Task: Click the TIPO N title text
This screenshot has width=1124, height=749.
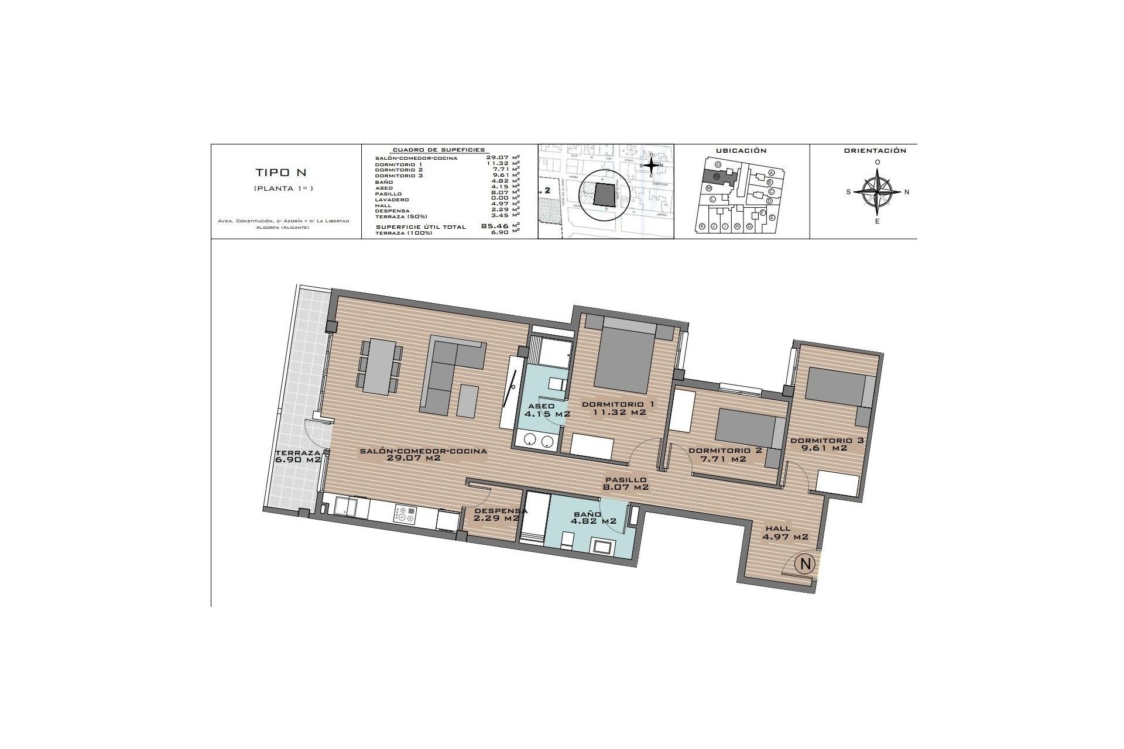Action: (x=281, y=173)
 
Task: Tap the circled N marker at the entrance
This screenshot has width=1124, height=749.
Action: (x=806, y=564)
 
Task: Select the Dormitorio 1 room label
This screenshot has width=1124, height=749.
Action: (x=618, y=404)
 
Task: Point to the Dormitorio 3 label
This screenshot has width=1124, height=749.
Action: (x=827, y=440)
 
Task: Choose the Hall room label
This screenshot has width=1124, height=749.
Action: (x=778, y=528)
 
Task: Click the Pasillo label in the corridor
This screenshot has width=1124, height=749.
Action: (x=626, y=480)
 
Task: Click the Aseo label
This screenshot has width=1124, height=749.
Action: (x=541, y=406)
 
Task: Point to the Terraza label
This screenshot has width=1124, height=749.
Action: (x=298, y=453)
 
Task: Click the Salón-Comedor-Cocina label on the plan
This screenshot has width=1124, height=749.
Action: (x=423, y=451)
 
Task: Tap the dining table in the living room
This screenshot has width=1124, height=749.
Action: (x=380, y=367)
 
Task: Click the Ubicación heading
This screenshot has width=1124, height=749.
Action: (x=741, y=151)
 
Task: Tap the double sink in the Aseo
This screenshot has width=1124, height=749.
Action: (x=539, y=441)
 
